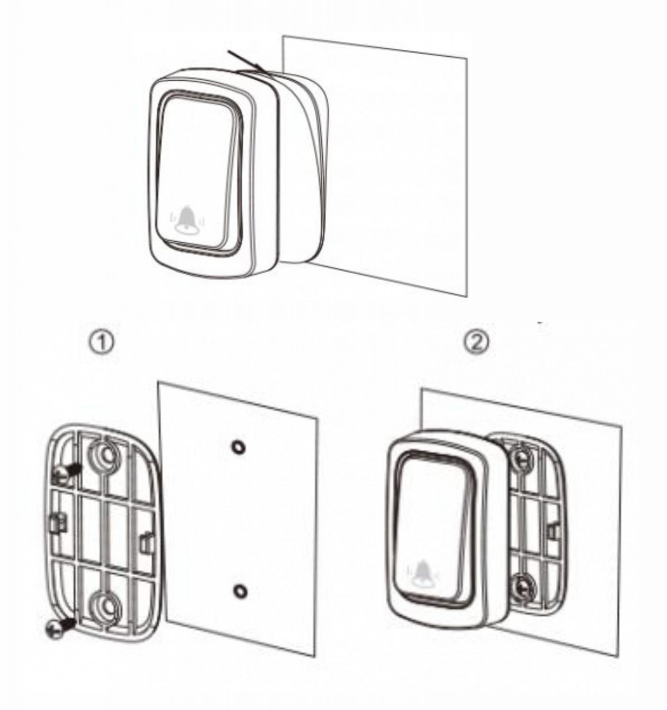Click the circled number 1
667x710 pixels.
(102, 343)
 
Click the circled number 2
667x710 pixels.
(476, 342)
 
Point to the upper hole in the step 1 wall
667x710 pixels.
(238, 447)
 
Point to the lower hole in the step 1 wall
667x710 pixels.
(240, 591)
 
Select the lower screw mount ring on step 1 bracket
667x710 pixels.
(106, 606)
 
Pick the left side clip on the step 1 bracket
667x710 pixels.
(57, 522)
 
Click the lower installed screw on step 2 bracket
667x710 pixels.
(524, 587)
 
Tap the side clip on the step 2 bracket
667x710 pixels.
(553, 530)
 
